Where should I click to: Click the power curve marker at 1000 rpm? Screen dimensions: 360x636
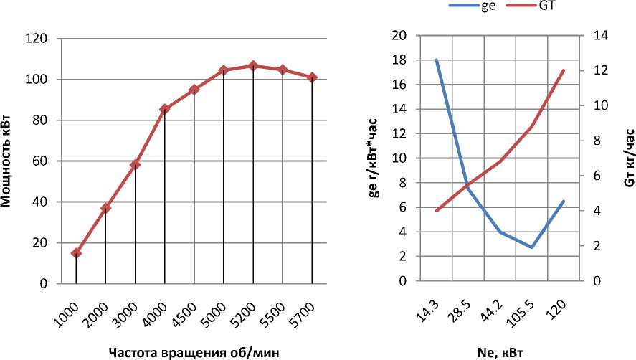click(x=76, y=253)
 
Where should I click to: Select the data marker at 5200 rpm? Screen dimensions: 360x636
click(x=252, y=66)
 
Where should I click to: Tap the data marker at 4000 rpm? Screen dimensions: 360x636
click(x=164, y=109)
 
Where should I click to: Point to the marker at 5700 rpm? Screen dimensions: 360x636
click(x=312, y=77)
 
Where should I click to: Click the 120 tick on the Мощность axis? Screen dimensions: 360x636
click(x=38, y=39)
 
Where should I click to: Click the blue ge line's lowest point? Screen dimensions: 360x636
click(x=532, y=247)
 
